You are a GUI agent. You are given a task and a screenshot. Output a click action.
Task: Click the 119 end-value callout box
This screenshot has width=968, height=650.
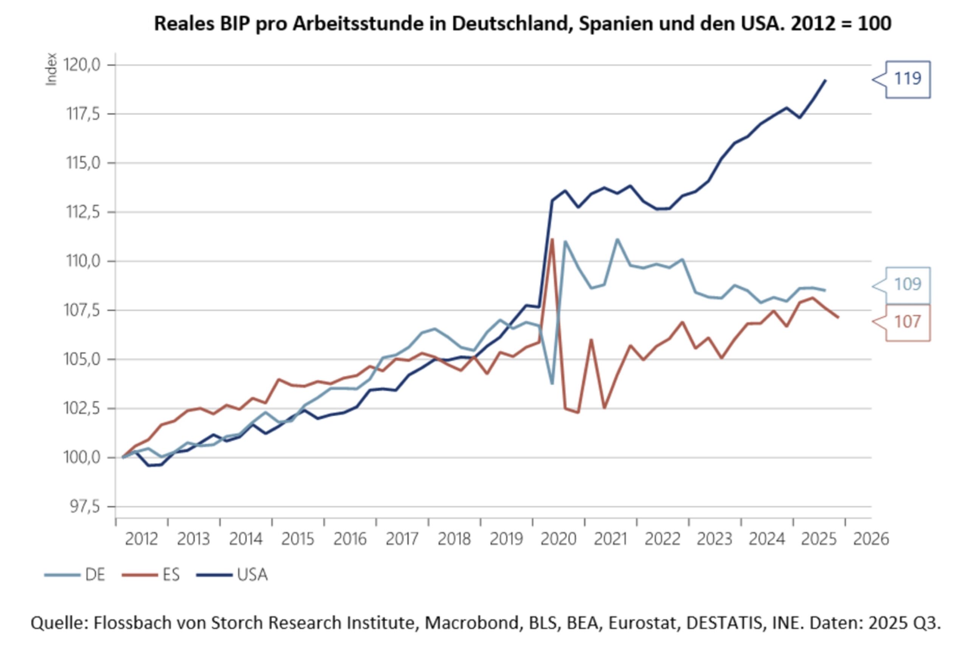(907, 79)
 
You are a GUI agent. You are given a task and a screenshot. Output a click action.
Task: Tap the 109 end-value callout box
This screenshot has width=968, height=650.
(907, 285)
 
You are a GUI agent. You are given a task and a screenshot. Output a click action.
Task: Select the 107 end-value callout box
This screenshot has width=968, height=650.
(907, 322)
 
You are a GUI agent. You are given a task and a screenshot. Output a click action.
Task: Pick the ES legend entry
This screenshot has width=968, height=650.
(151, 575)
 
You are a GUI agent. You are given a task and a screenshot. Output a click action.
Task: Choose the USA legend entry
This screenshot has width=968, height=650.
(232, 575)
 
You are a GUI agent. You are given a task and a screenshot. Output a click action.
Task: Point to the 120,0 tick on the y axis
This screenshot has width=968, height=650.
(82, 65)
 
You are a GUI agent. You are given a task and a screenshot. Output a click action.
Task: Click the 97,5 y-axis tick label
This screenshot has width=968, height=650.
(85, 507)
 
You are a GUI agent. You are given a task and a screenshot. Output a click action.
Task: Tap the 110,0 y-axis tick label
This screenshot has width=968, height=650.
(82, 261)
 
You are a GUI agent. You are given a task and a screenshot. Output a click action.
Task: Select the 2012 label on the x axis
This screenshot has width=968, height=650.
(141, 539)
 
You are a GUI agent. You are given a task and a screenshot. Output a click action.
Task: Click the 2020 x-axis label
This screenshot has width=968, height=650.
(558, 539)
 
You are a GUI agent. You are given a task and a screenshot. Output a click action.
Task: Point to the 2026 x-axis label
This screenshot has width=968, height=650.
(870, 539)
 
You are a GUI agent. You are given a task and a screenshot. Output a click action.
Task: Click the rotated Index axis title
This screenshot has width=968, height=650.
(51, 69)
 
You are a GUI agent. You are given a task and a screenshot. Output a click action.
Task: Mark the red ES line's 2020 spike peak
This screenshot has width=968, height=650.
(552, 239)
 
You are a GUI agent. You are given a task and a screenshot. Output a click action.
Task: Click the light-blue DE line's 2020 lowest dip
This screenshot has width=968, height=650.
(552, 383)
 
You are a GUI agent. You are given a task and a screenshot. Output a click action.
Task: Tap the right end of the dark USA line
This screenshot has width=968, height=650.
(825, 81)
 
